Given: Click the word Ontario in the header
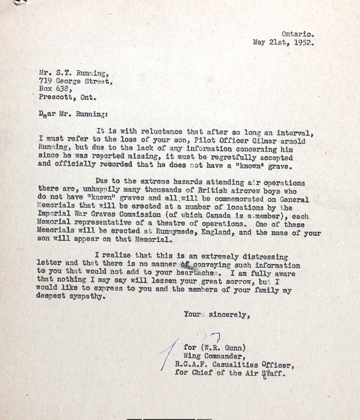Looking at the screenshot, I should click(x=297, y=34).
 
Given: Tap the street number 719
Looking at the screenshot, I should click(x=45, y=81).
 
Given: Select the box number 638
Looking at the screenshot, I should click(x=63, y=89).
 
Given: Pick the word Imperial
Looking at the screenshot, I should click(x=55, y=215).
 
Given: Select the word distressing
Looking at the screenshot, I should click(x=266, y=257).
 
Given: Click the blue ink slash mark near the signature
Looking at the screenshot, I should click(x=169, y=354).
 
